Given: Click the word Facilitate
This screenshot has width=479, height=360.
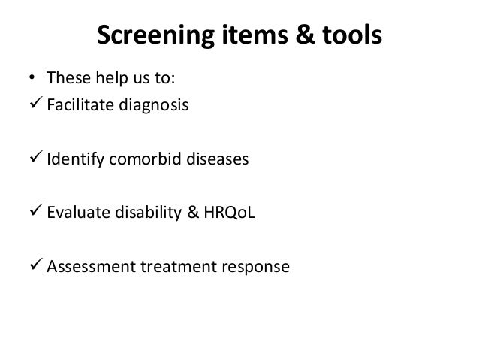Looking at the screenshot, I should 77,105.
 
